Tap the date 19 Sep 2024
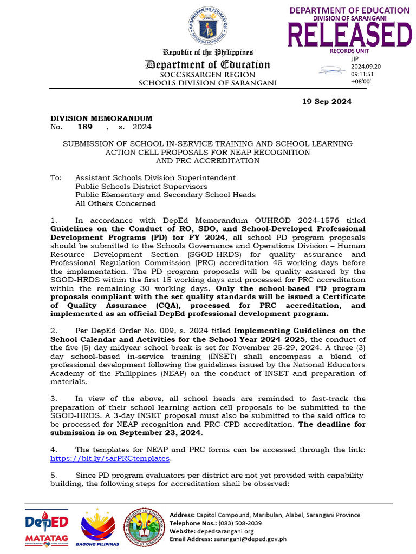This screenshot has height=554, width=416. [327, 102]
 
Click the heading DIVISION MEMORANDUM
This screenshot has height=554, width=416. [101, 118]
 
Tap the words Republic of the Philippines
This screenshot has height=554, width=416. [208, 53]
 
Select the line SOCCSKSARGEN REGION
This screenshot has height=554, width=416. [208, 75]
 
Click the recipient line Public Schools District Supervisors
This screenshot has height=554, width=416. [141, 186]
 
